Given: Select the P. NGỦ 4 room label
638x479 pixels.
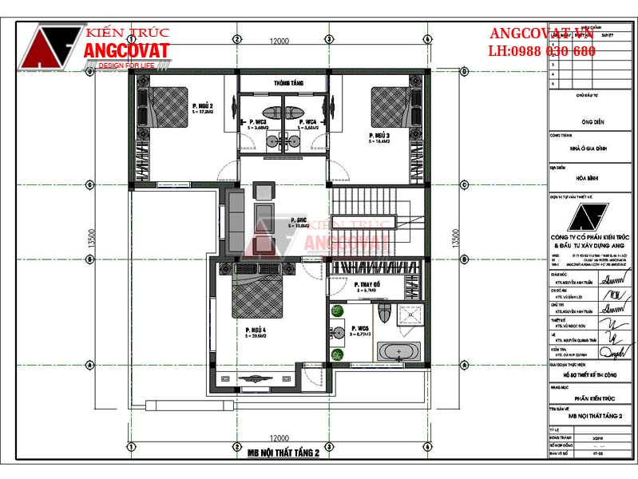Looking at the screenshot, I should coord(256,329).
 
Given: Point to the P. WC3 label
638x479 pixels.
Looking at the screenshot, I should coord(256,122).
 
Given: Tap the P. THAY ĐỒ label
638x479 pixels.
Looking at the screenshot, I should coord(350,284).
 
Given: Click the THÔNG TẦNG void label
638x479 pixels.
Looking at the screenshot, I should coord(286,83).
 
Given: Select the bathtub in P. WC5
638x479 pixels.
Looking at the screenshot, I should coord(398,351).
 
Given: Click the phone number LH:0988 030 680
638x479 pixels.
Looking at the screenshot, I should coord(541,51).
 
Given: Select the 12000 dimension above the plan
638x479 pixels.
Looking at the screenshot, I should coord(278,41).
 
